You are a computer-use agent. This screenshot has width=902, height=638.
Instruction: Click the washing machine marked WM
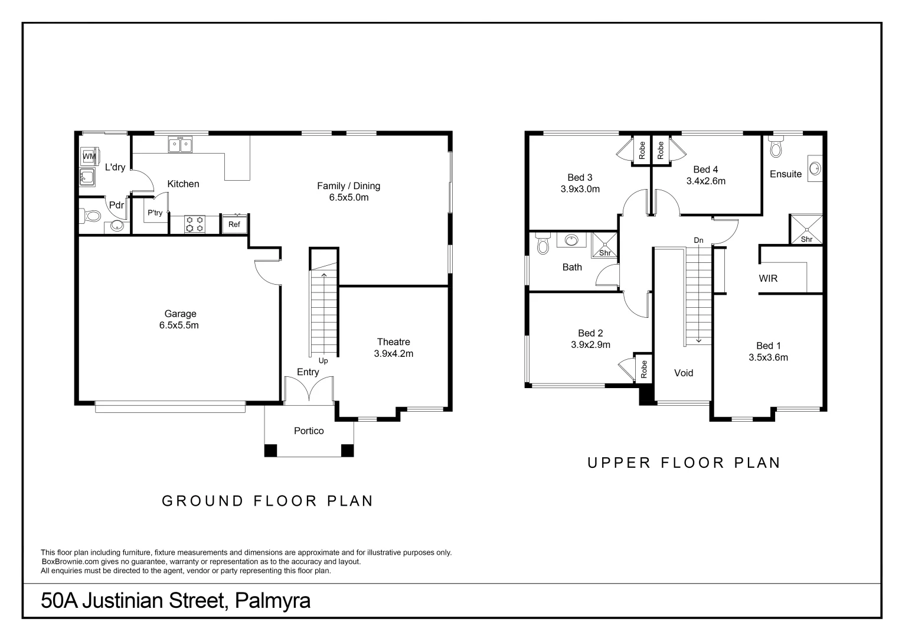90,157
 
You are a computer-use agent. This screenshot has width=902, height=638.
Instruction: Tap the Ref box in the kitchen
234,224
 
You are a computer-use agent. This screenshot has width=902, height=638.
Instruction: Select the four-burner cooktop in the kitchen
194,224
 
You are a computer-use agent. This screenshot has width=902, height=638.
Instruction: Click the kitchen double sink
180,144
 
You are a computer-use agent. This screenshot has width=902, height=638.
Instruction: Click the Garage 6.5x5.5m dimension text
179,325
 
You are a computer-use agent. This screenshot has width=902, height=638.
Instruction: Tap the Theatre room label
393,342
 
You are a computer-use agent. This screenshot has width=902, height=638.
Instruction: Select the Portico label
309,431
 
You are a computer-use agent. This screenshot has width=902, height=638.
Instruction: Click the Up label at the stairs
323,361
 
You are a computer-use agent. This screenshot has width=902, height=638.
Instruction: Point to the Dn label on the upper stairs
698,240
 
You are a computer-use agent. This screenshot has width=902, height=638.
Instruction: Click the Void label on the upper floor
684,373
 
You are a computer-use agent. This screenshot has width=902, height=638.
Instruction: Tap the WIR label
768,278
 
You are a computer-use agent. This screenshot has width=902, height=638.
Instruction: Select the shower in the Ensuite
806,229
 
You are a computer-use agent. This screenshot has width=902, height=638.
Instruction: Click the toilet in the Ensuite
776,147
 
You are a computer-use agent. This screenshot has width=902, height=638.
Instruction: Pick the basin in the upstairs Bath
571,240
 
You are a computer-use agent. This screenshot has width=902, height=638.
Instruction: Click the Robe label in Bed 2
644,369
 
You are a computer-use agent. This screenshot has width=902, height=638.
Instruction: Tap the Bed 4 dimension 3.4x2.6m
706,181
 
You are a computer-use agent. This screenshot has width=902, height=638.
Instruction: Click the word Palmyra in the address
273,601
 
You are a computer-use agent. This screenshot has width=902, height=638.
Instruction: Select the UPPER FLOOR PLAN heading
684,463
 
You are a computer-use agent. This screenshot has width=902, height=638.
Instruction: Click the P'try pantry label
155,213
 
